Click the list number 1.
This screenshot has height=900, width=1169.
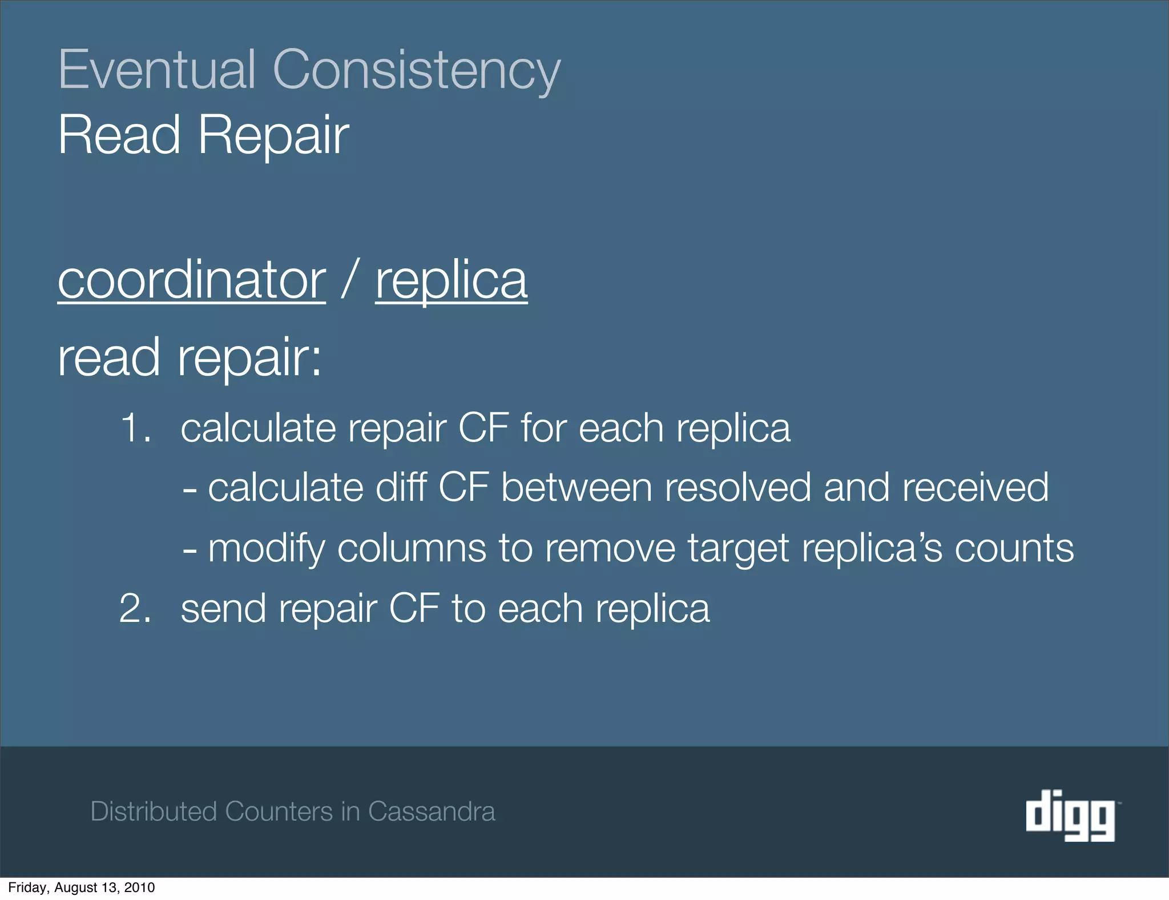pos(135,428)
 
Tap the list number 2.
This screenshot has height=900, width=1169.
pos(135,609)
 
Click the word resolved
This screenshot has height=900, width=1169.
pos(737,488)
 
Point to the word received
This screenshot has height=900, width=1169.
pos(974,488)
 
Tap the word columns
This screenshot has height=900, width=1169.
pos(411,548)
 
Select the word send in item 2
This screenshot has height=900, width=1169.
pos(223,609)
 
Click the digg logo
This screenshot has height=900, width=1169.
pos(1070,814)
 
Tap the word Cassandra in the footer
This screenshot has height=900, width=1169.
pos(432,811)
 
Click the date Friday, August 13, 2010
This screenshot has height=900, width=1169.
pos(82,887)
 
